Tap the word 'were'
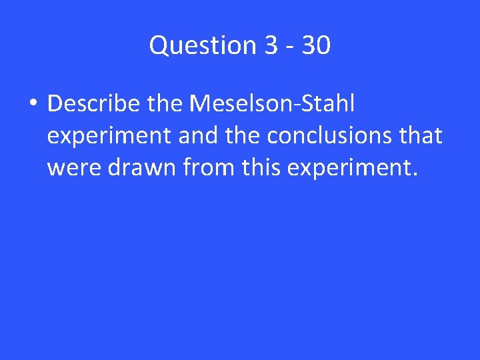point(72,169)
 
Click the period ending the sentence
point(415,176)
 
